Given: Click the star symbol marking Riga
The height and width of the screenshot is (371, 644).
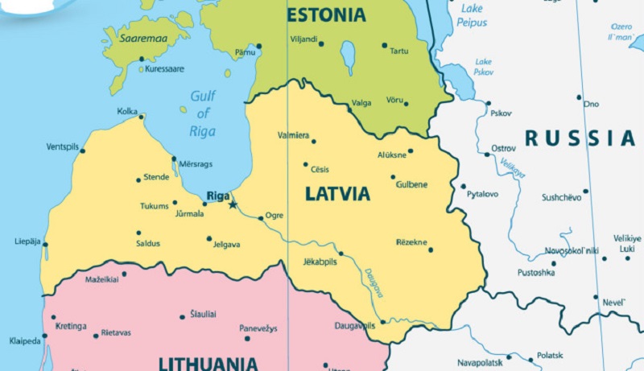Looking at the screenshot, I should (233, 204).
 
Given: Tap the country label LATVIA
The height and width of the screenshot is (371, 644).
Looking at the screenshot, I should (337, 194).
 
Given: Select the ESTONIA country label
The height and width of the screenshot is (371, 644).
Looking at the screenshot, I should (326, 14).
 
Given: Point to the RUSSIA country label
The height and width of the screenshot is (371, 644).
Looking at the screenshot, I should (580, 138).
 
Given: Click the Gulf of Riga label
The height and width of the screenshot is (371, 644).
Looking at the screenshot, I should (203, 113).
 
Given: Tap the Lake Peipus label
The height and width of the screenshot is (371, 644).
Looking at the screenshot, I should (473, 15).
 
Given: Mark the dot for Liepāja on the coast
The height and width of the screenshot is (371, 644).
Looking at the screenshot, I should (45, 245).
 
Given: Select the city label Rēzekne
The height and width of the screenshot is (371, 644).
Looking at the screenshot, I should (412, 241).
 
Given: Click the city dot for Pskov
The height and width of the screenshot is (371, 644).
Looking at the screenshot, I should (488, 103).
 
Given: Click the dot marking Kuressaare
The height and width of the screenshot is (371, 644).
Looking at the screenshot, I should (142, 59).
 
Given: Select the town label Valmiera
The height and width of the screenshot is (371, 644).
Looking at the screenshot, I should (293, 134).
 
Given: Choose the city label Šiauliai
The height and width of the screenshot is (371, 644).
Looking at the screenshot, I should (202, 314).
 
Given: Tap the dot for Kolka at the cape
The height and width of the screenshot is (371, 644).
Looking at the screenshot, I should (142, 117).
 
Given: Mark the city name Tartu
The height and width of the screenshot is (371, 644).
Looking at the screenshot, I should (398, 52).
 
